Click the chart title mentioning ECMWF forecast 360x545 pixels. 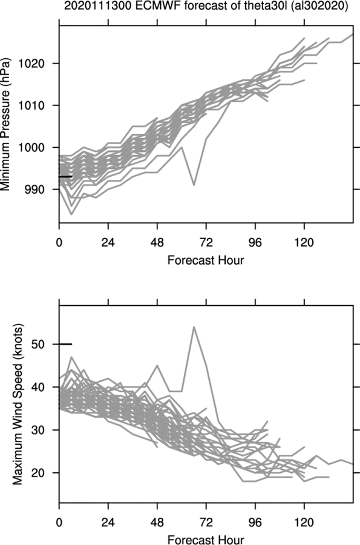coord(206,6)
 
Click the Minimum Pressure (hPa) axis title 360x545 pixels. coord(6,124)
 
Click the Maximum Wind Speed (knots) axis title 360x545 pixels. coord(18,405)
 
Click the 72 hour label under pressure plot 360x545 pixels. coord(206,242)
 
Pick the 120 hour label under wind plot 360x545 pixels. coord(304,522)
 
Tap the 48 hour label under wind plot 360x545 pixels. coord(157,522)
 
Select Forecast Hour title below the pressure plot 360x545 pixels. coord(206,260)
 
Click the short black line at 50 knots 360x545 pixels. coord(65,344)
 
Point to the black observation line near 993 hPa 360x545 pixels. coord(65,177)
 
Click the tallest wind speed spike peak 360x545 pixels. coord(194,327)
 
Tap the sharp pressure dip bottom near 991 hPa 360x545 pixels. coord(194,185)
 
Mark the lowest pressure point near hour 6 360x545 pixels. coord(71,214)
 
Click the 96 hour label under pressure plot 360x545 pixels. coord(255,242)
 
